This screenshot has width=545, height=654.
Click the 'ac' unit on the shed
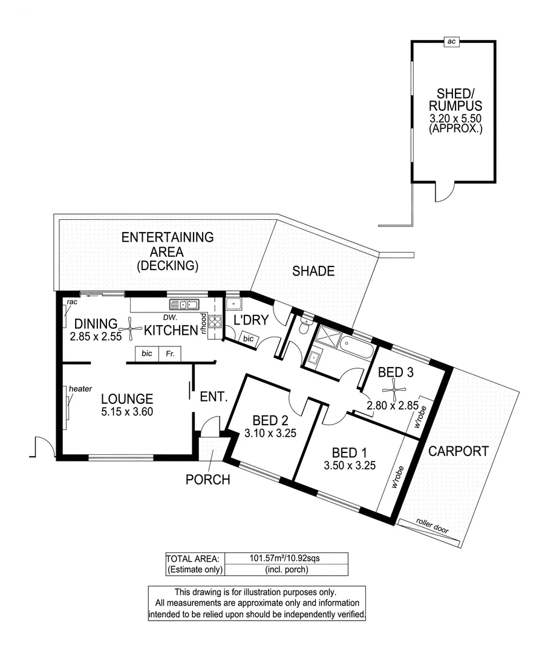coord(451,41)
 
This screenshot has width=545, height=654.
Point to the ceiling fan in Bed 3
coord(394,391)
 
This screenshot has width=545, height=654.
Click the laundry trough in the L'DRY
coord(233,305)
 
